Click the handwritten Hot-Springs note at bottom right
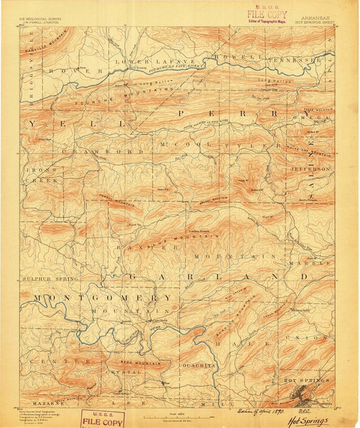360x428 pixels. [311, 420]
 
